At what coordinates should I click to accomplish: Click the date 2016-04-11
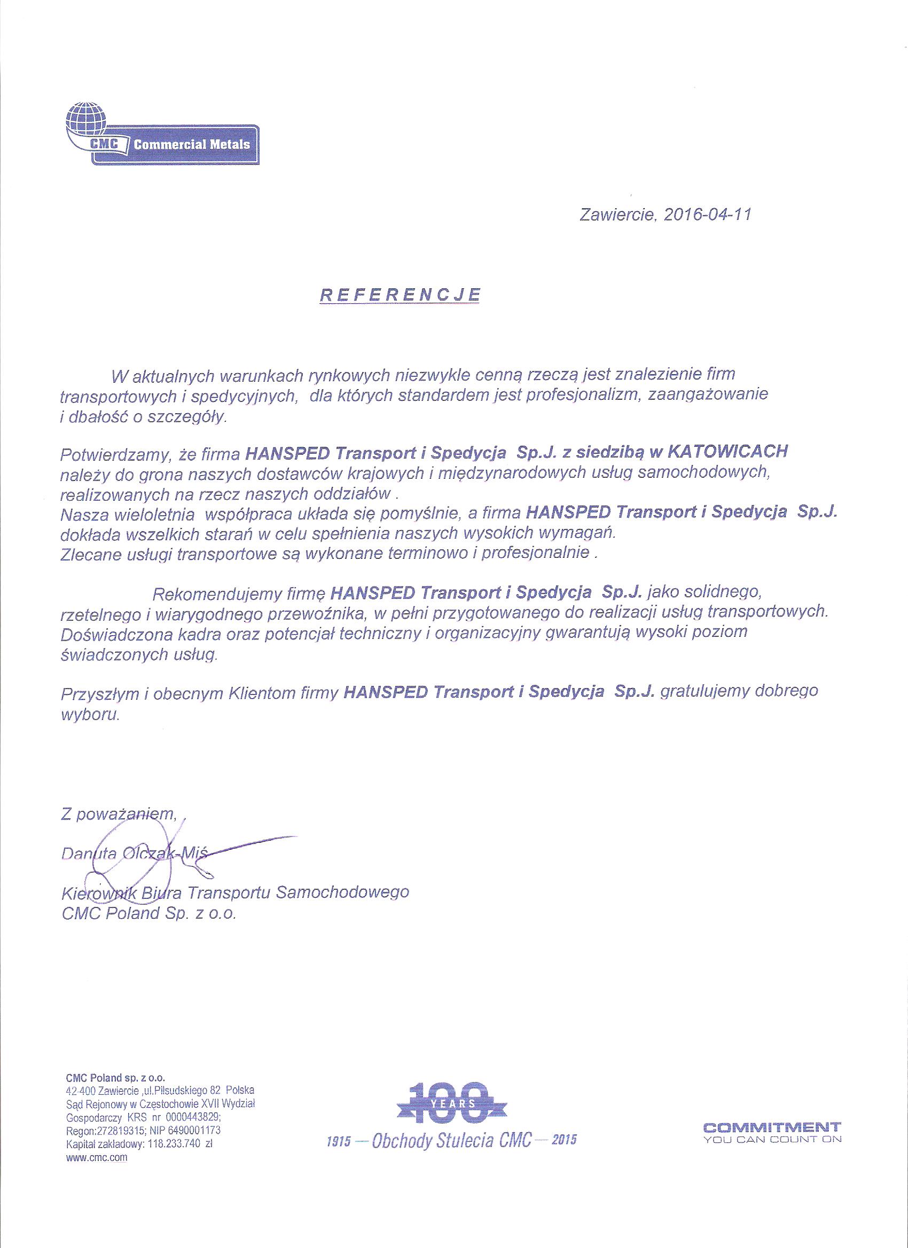(x=707, y=215)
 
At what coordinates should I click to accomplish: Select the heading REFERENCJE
(x=400, y=295)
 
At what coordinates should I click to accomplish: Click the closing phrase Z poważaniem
(x=119, y=815)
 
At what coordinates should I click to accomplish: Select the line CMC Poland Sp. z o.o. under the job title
(x=148, y=914)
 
